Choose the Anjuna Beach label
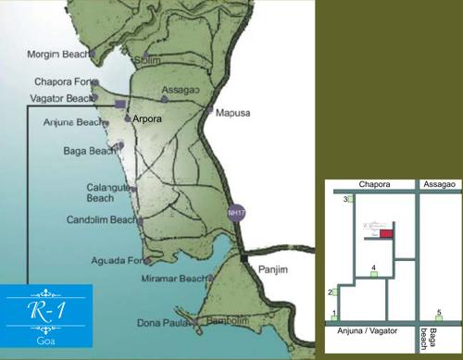[x=72, y=122]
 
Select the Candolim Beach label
[x=101, y=220]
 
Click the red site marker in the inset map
[x=386, y=234]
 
